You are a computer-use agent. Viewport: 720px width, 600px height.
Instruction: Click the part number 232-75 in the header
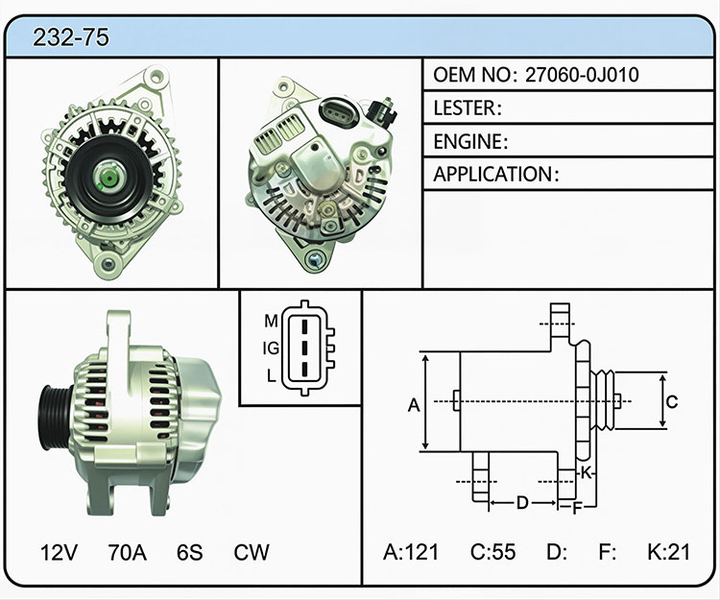[71, 37]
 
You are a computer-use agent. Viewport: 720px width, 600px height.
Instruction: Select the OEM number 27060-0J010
[582, 75]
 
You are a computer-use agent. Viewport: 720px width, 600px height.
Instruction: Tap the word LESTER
[465, 108]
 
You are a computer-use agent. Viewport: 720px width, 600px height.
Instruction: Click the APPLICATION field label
[493, 175]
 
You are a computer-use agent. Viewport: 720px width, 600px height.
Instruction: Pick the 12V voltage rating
[59, 552]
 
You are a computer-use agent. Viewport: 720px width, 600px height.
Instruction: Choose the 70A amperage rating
[127, 552]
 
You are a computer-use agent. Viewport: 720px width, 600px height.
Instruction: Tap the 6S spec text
[190, 552]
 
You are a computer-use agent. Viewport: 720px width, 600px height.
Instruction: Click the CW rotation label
[252, 552]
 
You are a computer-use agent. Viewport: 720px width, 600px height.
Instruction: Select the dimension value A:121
[411, 552]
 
